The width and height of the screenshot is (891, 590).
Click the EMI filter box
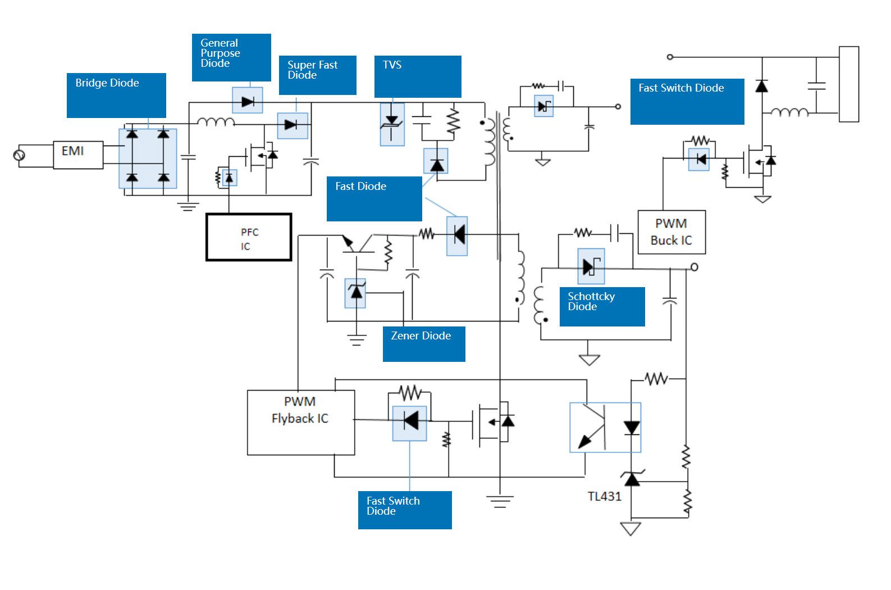click(78, 155)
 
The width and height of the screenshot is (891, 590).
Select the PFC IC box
click(249, 237)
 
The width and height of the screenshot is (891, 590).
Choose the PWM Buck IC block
click(671, 232)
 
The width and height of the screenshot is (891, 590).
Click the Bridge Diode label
click(116, 95)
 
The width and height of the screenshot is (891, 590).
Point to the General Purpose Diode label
click(231, 57)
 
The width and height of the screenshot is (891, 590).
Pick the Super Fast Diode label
click(317, 75)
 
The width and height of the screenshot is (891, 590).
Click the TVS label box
click(418, 76)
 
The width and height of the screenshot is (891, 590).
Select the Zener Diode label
click(424, 344)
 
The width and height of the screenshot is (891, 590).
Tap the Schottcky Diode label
click(602, 306)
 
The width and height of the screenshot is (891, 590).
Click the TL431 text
click(604, 496)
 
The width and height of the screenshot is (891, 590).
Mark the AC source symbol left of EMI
click(19, 155)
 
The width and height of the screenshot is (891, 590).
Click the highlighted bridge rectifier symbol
click(148, 158)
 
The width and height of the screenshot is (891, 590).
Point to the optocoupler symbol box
click(605, 428)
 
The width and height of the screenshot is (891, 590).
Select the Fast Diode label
click(374, 198)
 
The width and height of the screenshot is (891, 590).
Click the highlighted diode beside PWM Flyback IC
click(410, 423)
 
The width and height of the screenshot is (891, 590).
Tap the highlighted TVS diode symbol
click(392, 124)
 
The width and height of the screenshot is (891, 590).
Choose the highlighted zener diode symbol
click(355, 293)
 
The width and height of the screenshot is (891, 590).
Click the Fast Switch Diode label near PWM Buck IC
click(687, 101)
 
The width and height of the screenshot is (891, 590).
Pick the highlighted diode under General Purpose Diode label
click(248, 101)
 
